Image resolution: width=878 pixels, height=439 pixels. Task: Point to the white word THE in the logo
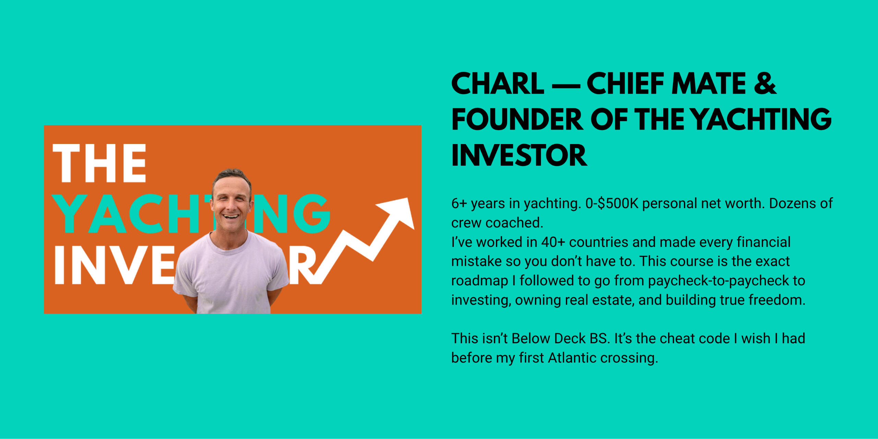click(x=99, y=163)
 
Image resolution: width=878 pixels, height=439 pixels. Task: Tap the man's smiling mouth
click(x=231, y=216)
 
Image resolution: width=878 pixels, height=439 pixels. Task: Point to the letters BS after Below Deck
click(x=600, y=339)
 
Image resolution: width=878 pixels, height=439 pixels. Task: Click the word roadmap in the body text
click(x=479, y=281)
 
